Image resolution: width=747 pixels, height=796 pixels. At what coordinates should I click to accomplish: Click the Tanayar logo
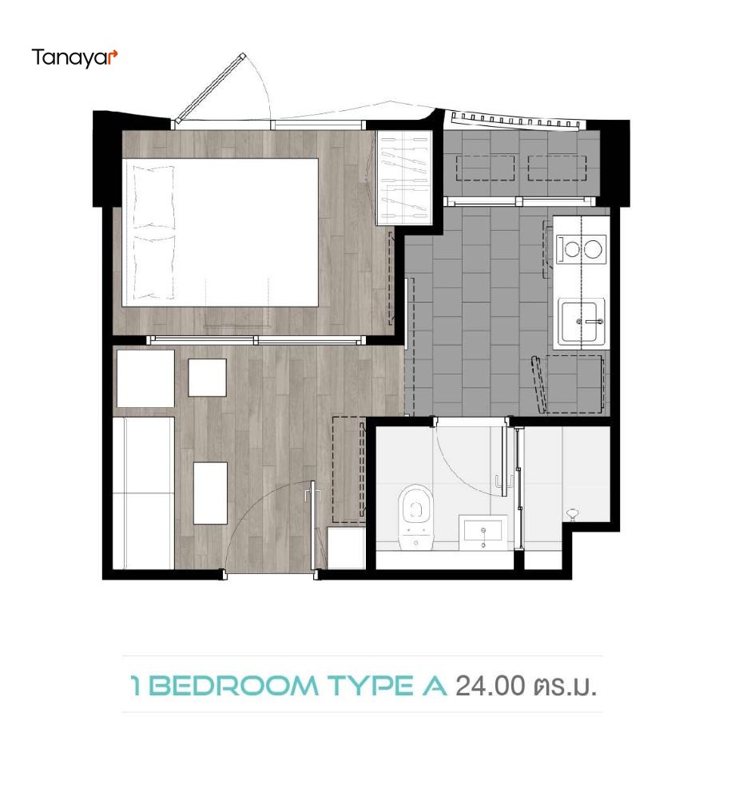pos(75,57)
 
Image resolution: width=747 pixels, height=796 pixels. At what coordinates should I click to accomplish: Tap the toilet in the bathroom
pos(415,517)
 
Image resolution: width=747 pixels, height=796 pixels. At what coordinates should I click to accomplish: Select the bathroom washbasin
pos(483,533)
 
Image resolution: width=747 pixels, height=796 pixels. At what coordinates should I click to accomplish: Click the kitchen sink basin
pos(582,322)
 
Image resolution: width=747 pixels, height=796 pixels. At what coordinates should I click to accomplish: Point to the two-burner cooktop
pos(581,249)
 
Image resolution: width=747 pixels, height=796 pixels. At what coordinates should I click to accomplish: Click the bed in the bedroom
pos(220,232)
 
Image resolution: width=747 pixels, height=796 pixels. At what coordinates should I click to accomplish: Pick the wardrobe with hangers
pos(404,178)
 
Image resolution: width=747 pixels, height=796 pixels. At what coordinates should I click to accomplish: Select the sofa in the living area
pos(143,493)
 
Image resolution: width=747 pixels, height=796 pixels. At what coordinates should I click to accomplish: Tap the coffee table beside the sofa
pos(210,493)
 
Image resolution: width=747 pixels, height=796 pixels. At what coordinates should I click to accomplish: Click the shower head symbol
pos(573,514)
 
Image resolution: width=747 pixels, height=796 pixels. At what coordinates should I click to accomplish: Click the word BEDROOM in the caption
pos(234,686)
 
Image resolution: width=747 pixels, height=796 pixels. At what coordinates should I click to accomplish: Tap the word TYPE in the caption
pos(370,686)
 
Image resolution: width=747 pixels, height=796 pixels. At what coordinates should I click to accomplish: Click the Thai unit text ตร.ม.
pos(565,687)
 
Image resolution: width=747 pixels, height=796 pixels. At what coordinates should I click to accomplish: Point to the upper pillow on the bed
pos(153,196)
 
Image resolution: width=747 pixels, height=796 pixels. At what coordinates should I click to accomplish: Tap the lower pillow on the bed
pos(153,267)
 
